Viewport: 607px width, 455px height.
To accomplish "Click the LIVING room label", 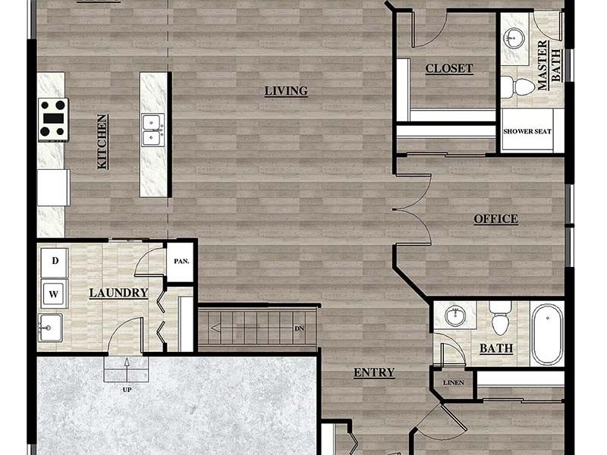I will (x=286, y=91).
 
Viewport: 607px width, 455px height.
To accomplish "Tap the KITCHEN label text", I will (x=102, y=141).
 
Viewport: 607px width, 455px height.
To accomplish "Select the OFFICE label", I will (x=495, y=219).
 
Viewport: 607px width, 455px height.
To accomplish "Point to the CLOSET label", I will (x=448, y=68).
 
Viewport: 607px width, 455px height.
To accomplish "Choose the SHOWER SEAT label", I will (x=527, y=131).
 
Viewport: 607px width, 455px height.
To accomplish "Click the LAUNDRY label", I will (x=118, y=293).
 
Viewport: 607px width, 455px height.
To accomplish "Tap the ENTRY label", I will (x=374, y=372).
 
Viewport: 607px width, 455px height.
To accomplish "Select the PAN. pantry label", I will (x=181, y=262).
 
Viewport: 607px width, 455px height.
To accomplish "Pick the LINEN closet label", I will (x=453, y=382).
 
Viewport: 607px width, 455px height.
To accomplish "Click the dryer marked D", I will (x=55, y=262).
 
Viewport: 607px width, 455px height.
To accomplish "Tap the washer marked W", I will (x=55, y=293).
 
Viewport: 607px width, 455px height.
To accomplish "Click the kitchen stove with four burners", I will (x=53, y=119).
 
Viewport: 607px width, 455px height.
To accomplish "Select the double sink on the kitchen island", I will (x=153, y=129).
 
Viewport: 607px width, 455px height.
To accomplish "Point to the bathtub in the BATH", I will (x=547, y=334).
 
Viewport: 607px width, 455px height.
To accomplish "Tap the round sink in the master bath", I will (x=516, y=36).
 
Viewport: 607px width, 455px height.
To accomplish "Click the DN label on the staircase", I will (x=300, y=328).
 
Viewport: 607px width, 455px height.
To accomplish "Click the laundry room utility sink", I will (x=50, y=328).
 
